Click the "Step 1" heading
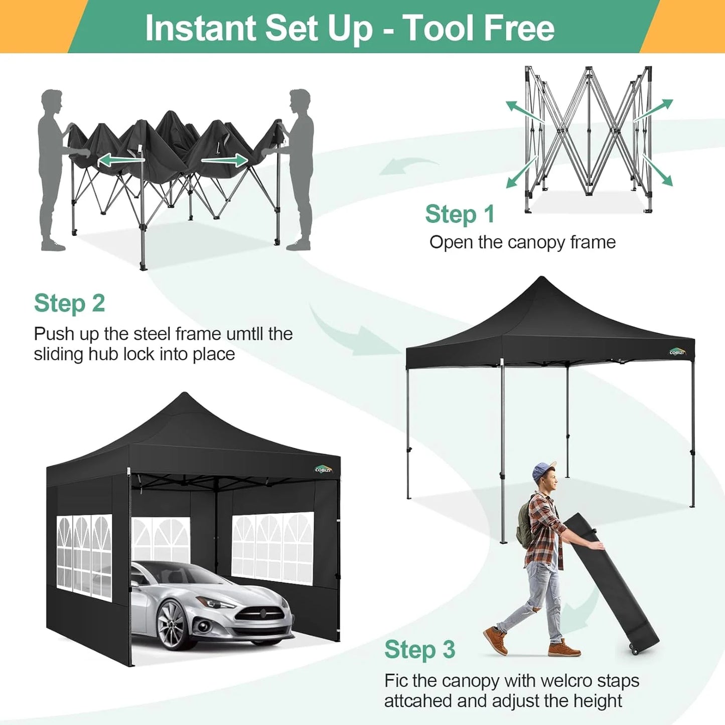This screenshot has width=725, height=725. point(460,214)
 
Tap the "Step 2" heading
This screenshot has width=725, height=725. point(69,304)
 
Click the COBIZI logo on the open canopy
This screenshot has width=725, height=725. point(677,352)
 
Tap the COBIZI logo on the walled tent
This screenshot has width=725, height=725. point(323,469)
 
